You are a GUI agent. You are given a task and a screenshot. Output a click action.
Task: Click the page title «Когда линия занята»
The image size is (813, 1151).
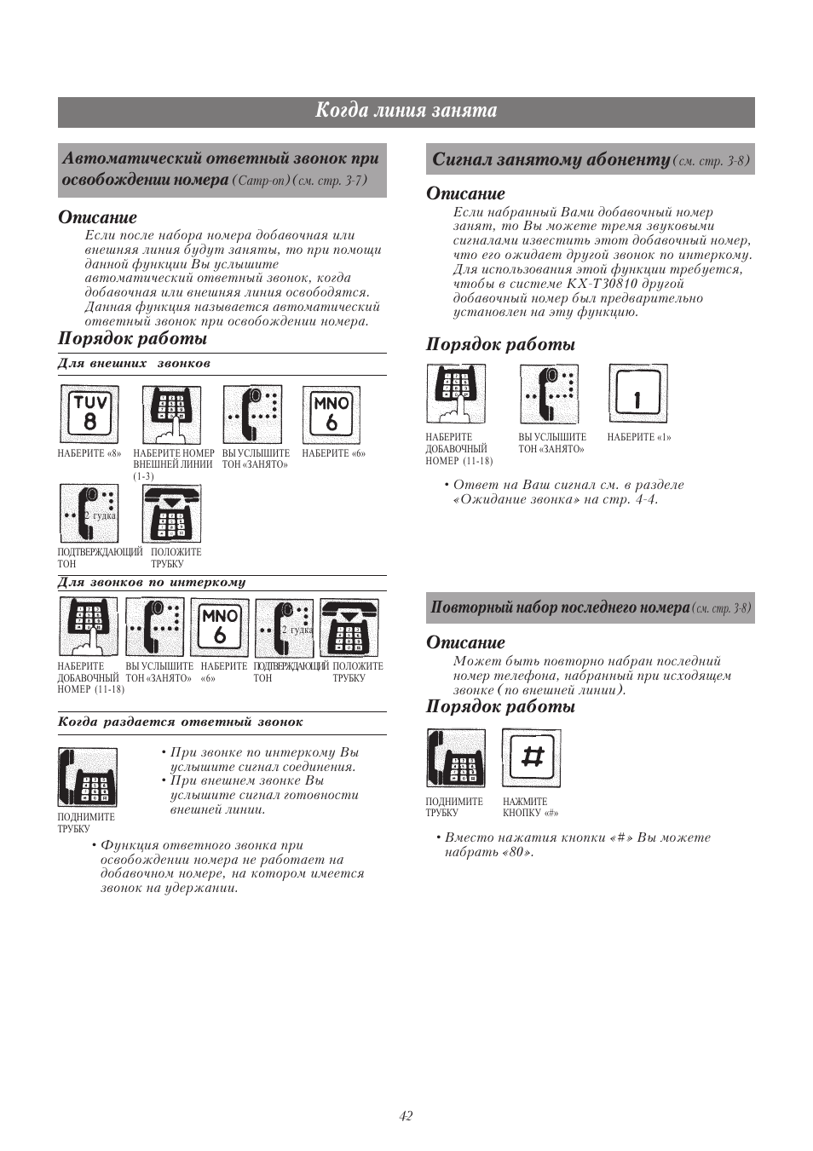(x=406, y=111)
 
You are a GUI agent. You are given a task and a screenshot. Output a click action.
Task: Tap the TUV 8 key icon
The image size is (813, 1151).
(x=89, y=413)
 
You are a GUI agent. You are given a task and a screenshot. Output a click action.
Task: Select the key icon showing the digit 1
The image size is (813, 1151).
(x=637, y=394)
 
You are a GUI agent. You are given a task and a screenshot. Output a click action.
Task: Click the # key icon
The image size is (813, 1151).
(x=532, y=757)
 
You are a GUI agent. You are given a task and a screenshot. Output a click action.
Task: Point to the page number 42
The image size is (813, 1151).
(x=406, y=1116)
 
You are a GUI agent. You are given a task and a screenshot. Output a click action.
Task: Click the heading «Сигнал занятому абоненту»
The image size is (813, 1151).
(x=551, y=160)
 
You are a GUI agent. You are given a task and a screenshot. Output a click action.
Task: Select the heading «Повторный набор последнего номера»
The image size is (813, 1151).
(x=560, y=607)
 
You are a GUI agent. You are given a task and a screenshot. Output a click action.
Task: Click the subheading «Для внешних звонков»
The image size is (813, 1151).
(x=134, y=364)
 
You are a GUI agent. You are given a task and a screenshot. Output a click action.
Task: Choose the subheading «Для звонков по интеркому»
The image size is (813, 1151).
(x=152, y=583)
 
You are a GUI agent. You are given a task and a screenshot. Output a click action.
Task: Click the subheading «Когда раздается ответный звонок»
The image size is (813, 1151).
(x=180, y=722)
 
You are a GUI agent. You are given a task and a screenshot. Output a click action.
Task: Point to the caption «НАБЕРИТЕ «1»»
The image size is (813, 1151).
(x=639, y=438)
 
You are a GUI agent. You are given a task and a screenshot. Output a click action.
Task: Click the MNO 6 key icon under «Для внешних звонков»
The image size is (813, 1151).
(x=332, y=413)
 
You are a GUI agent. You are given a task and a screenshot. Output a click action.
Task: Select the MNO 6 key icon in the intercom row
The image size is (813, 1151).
(x=220, y=626)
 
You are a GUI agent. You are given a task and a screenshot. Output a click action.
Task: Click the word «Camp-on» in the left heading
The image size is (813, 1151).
(x=261, y=181)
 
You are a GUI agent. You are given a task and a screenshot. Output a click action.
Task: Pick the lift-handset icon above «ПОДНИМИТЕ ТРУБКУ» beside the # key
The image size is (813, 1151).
(x=456, y=757)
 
